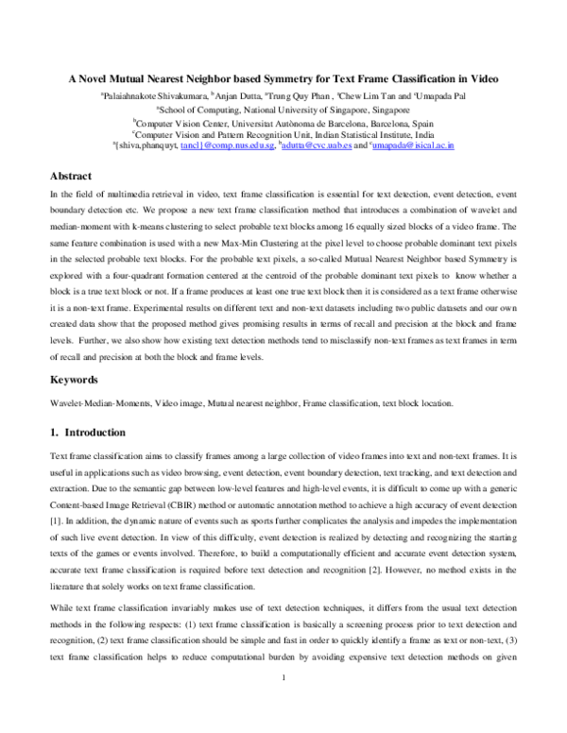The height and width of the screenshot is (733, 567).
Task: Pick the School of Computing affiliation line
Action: click(x=283, y=109)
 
